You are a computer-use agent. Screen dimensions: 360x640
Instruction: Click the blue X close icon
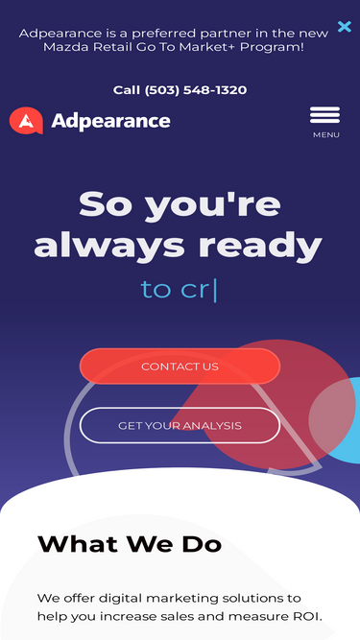(345, 27)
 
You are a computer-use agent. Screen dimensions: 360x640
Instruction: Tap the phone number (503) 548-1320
(196, 90)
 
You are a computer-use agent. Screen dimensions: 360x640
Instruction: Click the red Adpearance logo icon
(26, 120)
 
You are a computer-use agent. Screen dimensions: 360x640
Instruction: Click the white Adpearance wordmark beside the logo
(110, 121)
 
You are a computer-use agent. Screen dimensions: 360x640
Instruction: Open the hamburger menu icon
(324, 115)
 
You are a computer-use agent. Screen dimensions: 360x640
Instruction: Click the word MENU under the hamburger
(326, 134)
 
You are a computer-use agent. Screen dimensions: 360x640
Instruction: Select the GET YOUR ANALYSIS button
(180, 425)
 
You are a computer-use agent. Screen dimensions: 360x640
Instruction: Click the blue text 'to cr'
(176, 290)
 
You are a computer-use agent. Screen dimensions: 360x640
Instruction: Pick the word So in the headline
(106, 203)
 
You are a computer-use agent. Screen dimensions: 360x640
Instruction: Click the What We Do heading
(130, 544)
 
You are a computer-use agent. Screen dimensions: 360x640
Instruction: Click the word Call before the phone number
(127, 90)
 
